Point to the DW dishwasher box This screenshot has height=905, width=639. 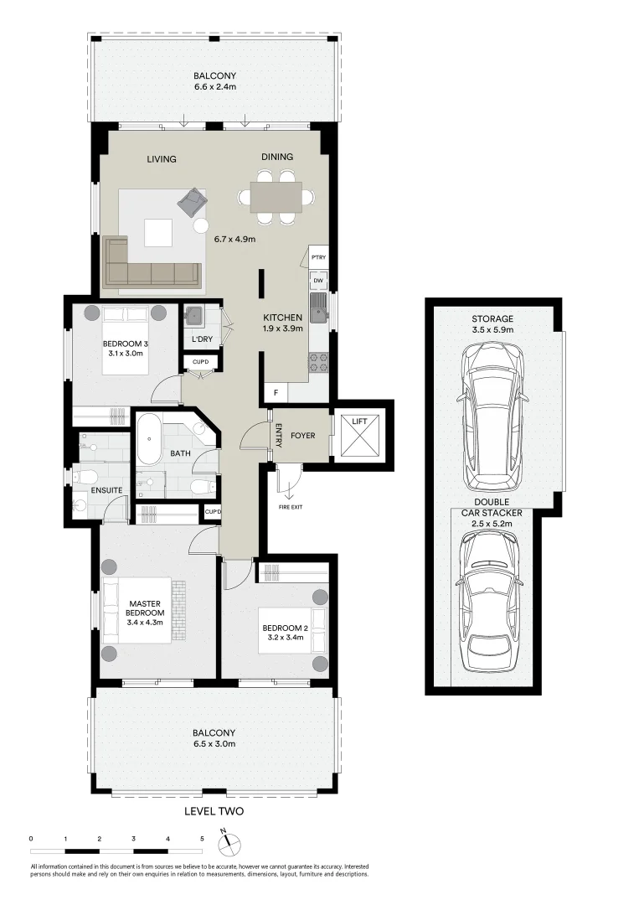(318, 280)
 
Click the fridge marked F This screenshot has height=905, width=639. (276, 392)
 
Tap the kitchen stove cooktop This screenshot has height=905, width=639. (318, 361)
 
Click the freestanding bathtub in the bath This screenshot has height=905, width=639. (150, 438)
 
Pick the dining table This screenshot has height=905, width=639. (276, 197)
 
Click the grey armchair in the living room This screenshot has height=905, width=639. (192, 201)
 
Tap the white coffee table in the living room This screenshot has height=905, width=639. (158, 232)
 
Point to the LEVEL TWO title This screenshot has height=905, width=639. (214, 811)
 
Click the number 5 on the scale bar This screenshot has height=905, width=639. (202, 837)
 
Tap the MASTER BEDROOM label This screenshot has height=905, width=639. (145, 608)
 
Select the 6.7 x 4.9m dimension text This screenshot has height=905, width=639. (234, 239)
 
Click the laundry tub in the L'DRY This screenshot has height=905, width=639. (194, 316)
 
